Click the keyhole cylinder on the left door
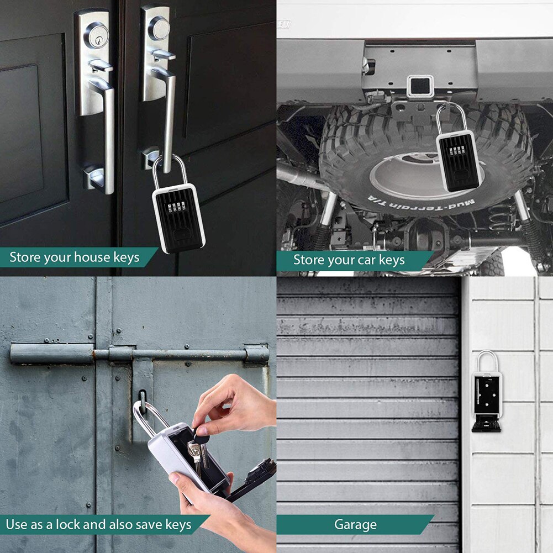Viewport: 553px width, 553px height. [96, 34]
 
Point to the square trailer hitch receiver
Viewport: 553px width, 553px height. [419, 86]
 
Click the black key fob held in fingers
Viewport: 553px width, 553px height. [203, 431]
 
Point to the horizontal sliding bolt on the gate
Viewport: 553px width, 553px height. [138, 354]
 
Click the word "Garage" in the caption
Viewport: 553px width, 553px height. [355, 524]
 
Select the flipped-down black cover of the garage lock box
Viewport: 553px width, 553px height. [486, 425]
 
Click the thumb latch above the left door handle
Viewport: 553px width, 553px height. [101, 66]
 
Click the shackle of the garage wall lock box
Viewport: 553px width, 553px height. [488, 360]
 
